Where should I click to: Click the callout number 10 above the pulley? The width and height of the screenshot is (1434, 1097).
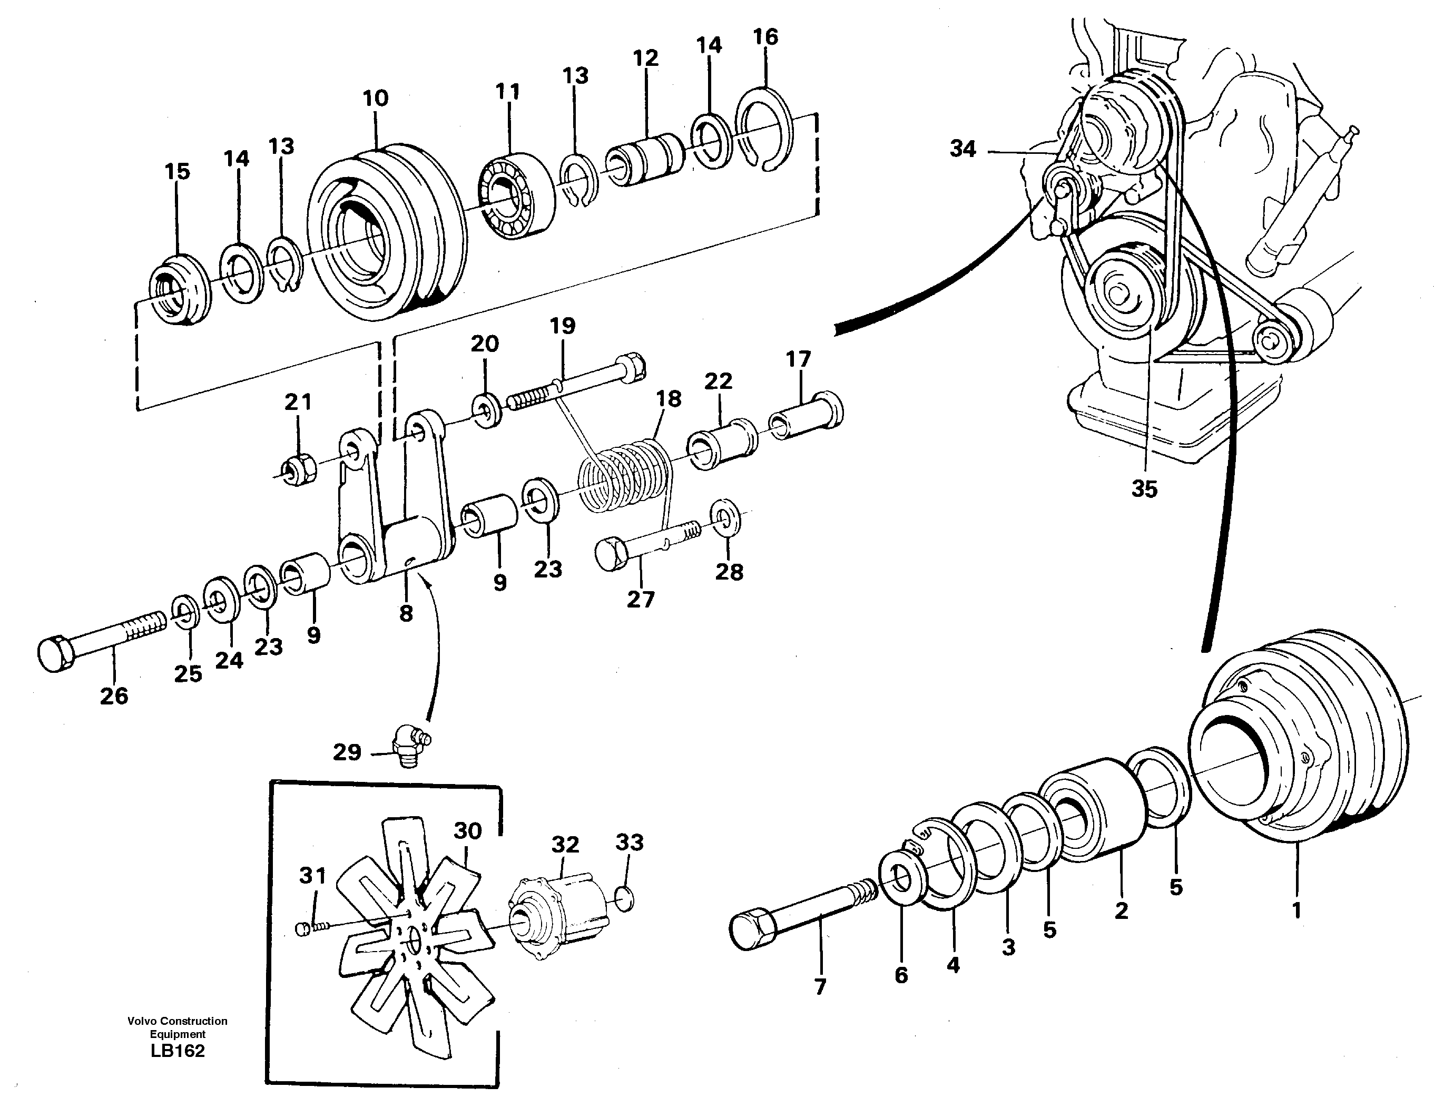click(375, 99)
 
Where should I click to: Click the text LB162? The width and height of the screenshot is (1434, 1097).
click(178, 1051)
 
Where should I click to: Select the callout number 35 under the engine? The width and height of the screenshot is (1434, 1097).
click(1144, 489)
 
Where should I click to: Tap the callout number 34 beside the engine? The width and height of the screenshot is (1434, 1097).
click(962, 149)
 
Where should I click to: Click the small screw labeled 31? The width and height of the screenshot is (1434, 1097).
click(303, 928)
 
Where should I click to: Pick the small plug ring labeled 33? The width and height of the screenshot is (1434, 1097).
click(624, 898)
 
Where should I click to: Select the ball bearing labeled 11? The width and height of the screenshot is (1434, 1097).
click(516, 196)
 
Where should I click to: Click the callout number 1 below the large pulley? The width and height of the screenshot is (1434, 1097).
click(1297, 909)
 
